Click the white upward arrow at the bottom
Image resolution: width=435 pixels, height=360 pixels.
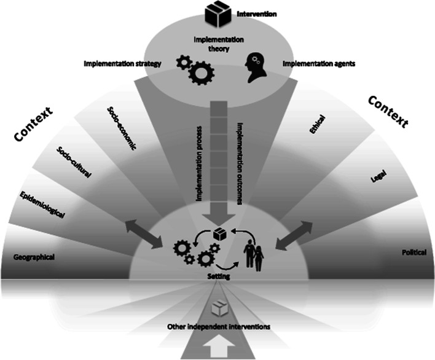(217, 348)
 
